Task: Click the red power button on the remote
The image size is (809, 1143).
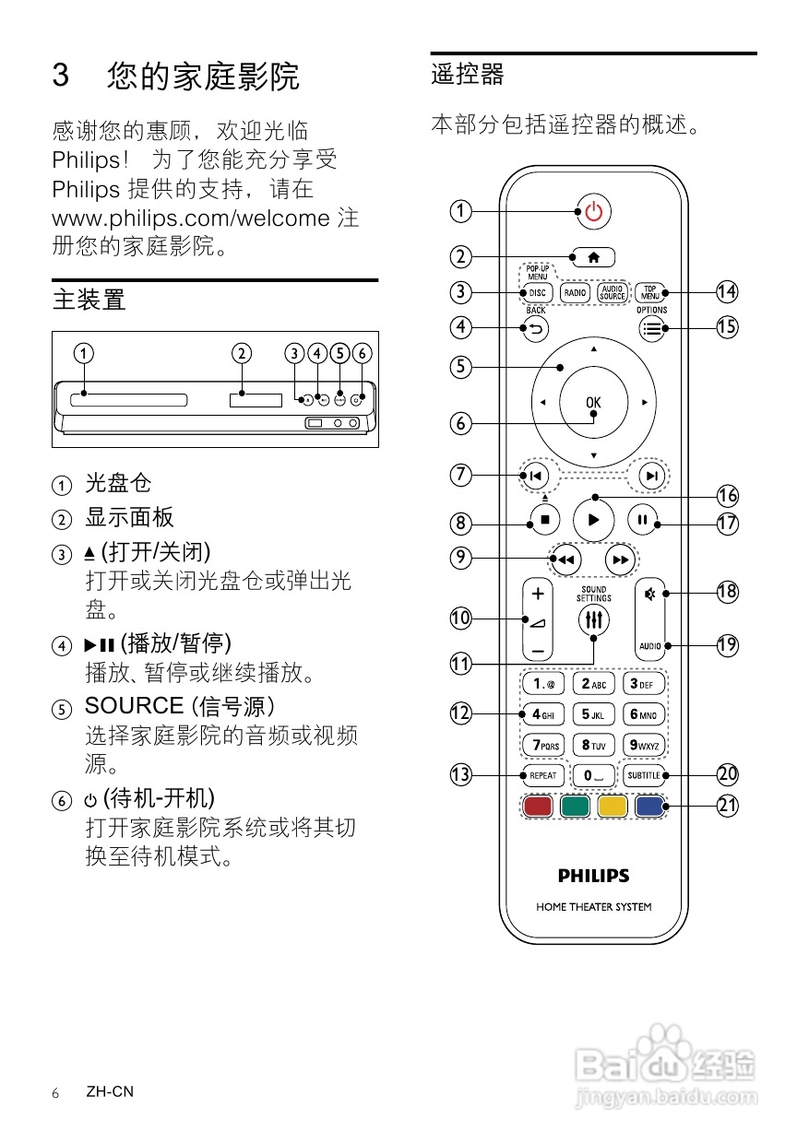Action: click(593, 213)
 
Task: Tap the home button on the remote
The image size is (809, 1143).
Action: click(593, 256)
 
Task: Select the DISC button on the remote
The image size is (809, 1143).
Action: click(537, 293)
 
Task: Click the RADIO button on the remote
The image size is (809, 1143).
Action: click(576, 293)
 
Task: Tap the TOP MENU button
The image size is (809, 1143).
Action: click(650, 293)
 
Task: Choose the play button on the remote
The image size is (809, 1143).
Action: click(593, 520)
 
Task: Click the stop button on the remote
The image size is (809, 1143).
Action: click(544, 520)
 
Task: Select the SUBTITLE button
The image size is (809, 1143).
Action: click(644, 775)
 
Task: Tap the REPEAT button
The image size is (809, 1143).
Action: click(542, 775)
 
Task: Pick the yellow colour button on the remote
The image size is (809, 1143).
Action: click(613, 807)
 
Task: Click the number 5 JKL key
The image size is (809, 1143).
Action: click(593, 714)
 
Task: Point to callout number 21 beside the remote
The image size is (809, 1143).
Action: click(728, 806)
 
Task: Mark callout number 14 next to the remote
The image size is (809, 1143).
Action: click(728, 292)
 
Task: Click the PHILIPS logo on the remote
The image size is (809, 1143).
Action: click(593, 876)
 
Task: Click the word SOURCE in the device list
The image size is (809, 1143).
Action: click(135, 706)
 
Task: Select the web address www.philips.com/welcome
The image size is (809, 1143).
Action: click(191, 218)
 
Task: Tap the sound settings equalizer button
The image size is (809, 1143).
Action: click(594, 620)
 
